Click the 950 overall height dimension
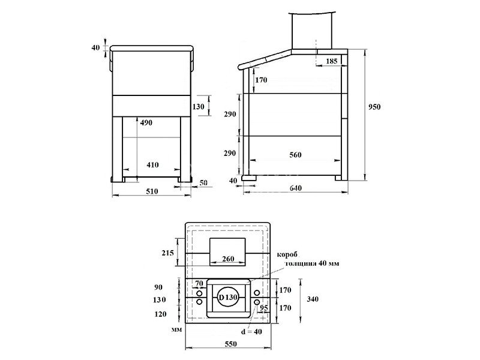point(376,106)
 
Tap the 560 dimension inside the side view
point(295,155)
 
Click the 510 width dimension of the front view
point(152,191)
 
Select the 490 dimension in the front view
point(146,122)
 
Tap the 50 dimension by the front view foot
point(203,182)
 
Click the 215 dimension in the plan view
point(167,253)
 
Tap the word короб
point(289,255)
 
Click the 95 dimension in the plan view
point(262,308)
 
